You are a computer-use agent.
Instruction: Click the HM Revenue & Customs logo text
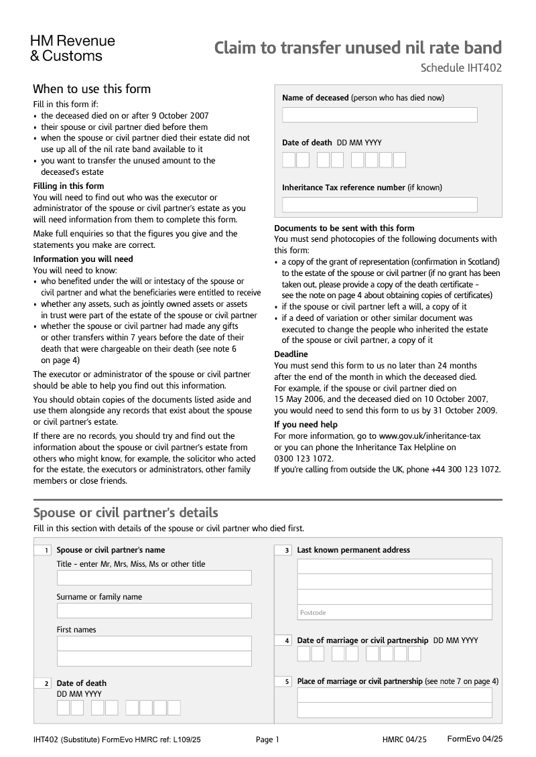(x=72, y=48)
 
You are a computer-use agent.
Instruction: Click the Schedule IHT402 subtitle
(x=461, y=68)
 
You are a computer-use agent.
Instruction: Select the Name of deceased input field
(x=379, y=115)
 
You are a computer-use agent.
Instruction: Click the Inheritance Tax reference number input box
(x=379, y=205)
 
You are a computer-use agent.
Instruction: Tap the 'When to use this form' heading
(x=92, y=89)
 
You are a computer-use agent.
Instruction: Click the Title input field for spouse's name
(x=154, y=578)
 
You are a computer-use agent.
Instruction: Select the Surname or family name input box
(x=154, y=611)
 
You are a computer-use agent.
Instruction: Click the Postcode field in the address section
(x=395, y=613)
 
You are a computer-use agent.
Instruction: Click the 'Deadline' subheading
(x=291, y=354)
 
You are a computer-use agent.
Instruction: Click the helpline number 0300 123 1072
(x=303, y=459)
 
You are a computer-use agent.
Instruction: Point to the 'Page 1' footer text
(x=267, y=740)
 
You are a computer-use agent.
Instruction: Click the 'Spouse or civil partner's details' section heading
(x=125, y=513)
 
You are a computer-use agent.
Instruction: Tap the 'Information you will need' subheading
(x=83, y=259)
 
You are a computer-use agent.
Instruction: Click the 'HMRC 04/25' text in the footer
(x=404, y=740)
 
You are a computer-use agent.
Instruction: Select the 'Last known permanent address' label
(x=353, y=550)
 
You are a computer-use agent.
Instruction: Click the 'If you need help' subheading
(x=306, y=425)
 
